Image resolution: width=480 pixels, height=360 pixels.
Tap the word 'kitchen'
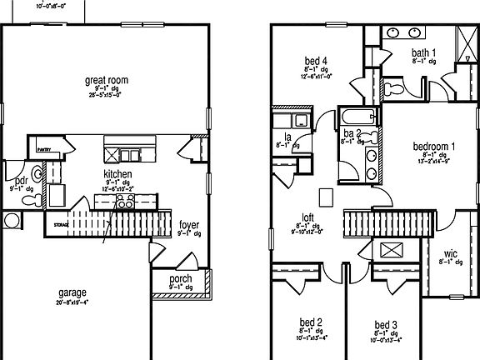click(117, 174)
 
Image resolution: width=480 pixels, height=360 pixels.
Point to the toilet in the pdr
click(11, 220)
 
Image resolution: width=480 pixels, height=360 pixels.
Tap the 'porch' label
click(181, 278)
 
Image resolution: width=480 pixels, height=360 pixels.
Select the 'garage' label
click(73, 292)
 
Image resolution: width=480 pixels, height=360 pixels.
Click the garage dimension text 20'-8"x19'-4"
click(73, 302)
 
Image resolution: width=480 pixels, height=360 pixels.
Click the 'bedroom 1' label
click(434, 147)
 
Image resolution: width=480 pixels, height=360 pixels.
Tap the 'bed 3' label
click(385, 323)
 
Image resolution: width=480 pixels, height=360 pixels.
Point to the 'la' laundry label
click(287, 135)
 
